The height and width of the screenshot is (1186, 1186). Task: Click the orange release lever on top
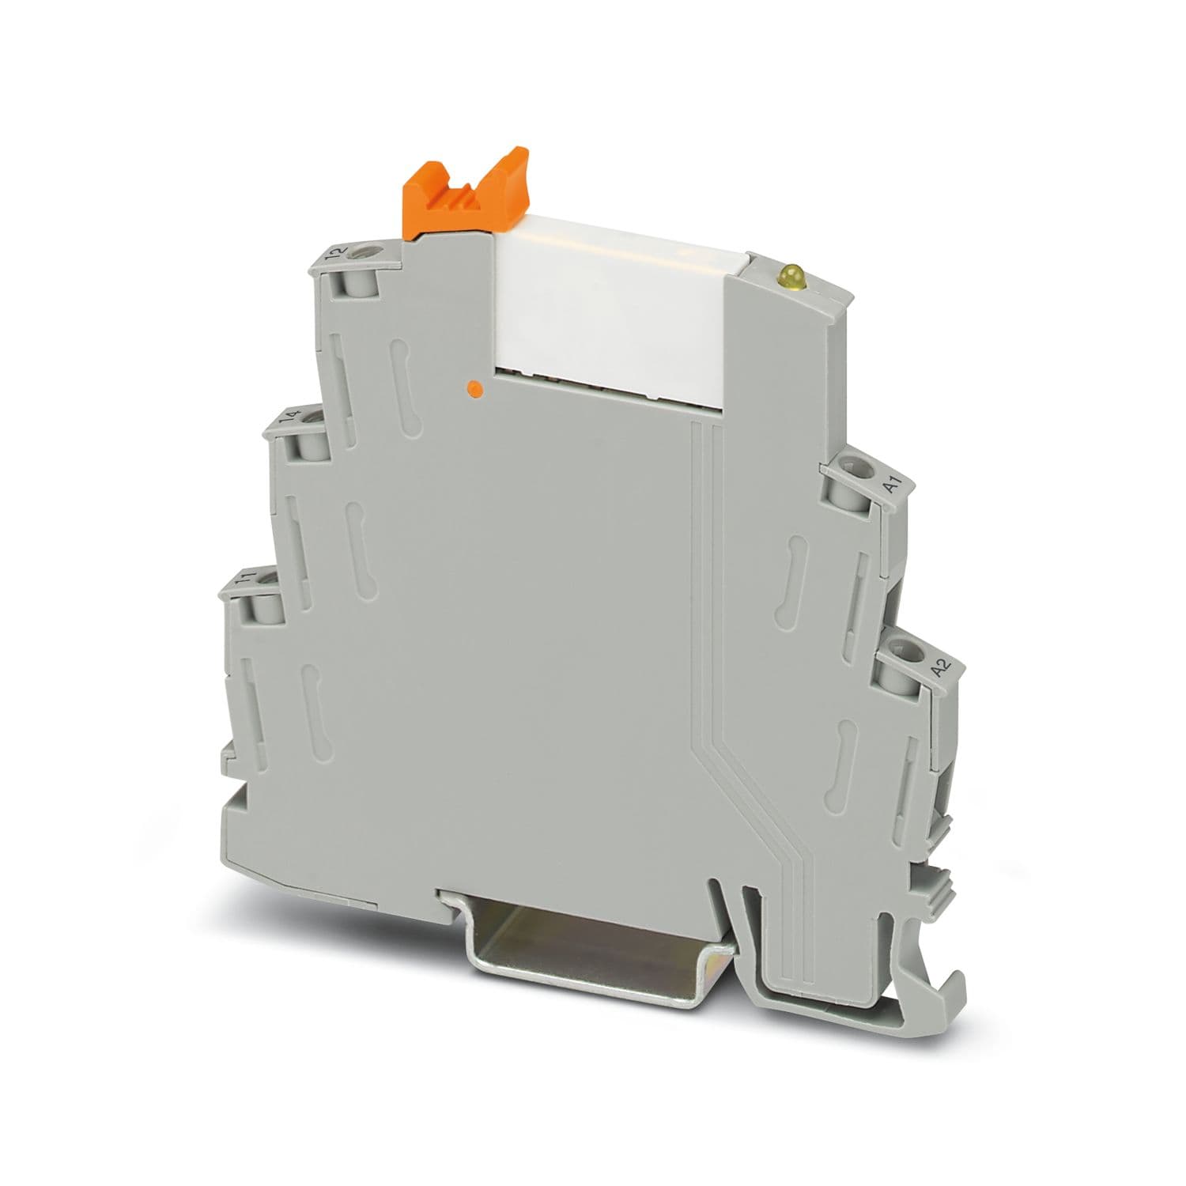click(x=465, y=193)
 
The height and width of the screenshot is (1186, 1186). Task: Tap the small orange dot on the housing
click(x=474, y=387)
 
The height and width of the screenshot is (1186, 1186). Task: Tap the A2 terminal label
click(x=939, y=667)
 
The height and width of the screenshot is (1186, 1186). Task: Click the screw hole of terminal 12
click(x=365, y=255)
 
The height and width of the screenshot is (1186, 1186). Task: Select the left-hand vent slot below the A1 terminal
click(x=793, y=573)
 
